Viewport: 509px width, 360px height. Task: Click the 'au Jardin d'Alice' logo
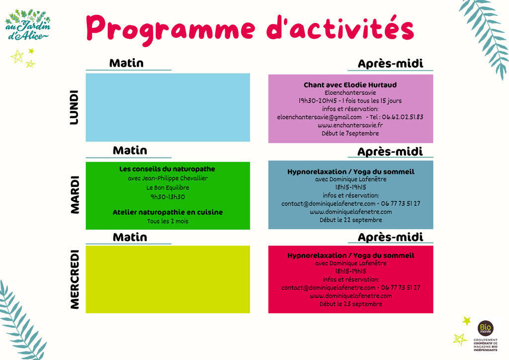click(x=28, y=25)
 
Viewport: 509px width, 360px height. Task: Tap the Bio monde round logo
click(x=485, y=328)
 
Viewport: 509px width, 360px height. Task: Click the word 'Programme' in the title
click(x=171, y=30)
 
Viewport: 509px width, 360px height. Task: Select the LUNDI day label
click(x=75, y=107)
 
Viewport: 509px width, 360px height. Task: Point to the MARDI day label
click(x=75, y=195)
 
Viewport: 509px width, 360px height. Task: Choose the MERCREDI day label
click(x=75, y=279)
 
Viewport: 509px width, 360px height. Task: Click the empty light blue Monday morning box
click(x=168, y=107)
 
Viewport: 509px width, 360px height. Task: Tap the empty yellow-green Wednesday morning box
click(x=168, y=279)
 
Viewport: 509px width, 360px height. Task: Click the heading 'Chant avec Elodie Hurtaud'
click(x=350, y=85)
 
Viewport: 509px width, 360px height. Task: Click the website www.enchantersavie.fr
click(x=350, y=125)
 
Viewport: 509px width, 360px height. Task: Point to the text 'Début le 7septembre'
click(x=350, y=133)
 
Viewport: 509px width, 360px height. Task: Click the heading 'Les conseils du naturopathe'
click(x=167, y=169)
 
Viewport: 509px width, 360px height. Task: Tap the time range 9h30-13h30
click(x=168, y=197)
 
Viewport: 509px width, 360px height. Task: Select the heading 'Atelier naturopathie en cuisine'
click(x=168, y=212)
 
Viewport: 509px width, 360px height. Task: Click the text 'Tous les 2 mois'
click(x=168, y=221)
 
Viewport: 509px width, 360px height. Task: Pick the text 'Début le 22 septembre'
click(x=351, y=220)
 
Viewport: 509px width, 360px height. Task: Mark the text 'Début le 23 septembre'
click(x=351, y=304)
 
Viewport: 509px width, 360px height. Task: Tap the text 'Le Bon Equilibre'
click(x=168, y=187)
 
